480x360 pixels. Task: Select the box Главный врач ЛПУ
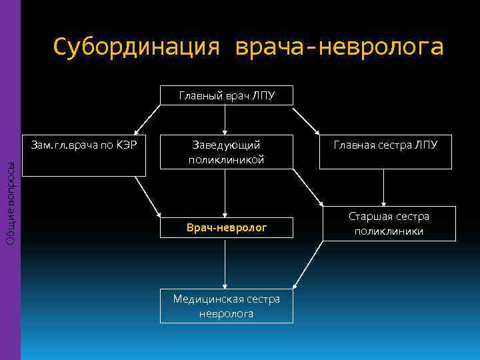pyautogui.click(x=226, y=95)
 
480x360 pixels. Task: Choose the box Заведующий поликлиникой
pyautogui.click(x=226, y=152)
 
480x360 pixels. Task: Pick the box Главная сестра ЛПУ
pyautogui.click(x=385, y=145)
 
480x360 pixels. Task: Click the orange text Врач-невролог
pyautogui.click(x=226, y=228)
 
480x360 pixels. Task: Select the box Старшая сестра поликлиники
pyautogui.click(x=389, y=224)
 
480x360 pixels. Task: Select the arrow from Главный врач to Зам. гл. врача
pyautogui.click(x=147, y=120)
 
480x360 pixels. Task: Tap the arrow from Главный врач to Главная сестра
pyautogui.click(x=307, y=120)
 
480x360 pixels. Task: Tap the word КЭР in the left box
pyautogui.click(x=127, y=145)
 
